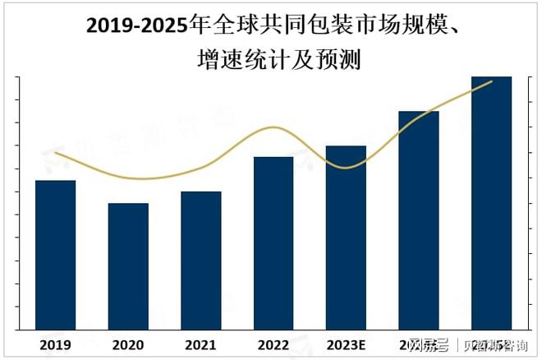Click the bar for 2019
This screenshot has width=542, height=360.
[55, 254]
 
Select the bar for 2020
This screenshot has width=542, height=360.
[128, 265]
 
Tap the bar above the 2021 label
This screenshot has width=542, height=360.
[200, 260]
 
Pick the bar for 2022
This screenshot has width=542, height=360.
[273, 242]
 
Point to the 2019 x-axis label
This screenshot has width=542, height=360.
[55, 343]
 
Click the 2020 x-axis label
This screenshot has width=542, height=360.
[128, 343]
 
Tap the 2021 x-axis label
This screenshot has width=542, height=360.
[200, 343]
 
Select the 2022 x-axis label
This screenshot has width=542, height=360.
[273, 343]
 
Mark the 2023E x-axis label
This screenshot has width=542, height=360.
[346, 343]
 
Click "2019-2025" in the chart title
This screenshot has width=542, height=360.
[136, 26]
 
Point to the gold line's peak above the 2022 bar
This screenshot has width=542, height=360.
[273, 127]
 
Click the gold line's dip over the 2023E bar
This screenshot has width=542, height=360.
[346, 168]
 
